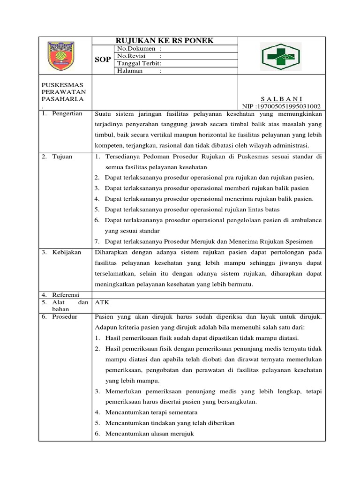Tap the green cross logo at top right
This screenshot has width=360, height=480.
tap(281, 56)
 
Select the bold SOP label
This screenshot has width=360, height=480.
tap(103, 60)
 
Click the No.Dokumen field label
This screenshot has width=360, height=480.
tap(139, 48)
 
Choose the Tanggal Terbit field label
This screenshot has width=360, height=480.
tap(139, 63)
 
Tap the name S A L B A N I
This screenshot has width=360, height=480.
tap(281, 99)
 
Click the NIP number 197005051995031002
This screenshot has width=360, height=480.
tap(281, 106)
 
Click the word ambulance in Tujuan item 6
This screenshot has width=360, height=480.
tap(306, 220)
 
